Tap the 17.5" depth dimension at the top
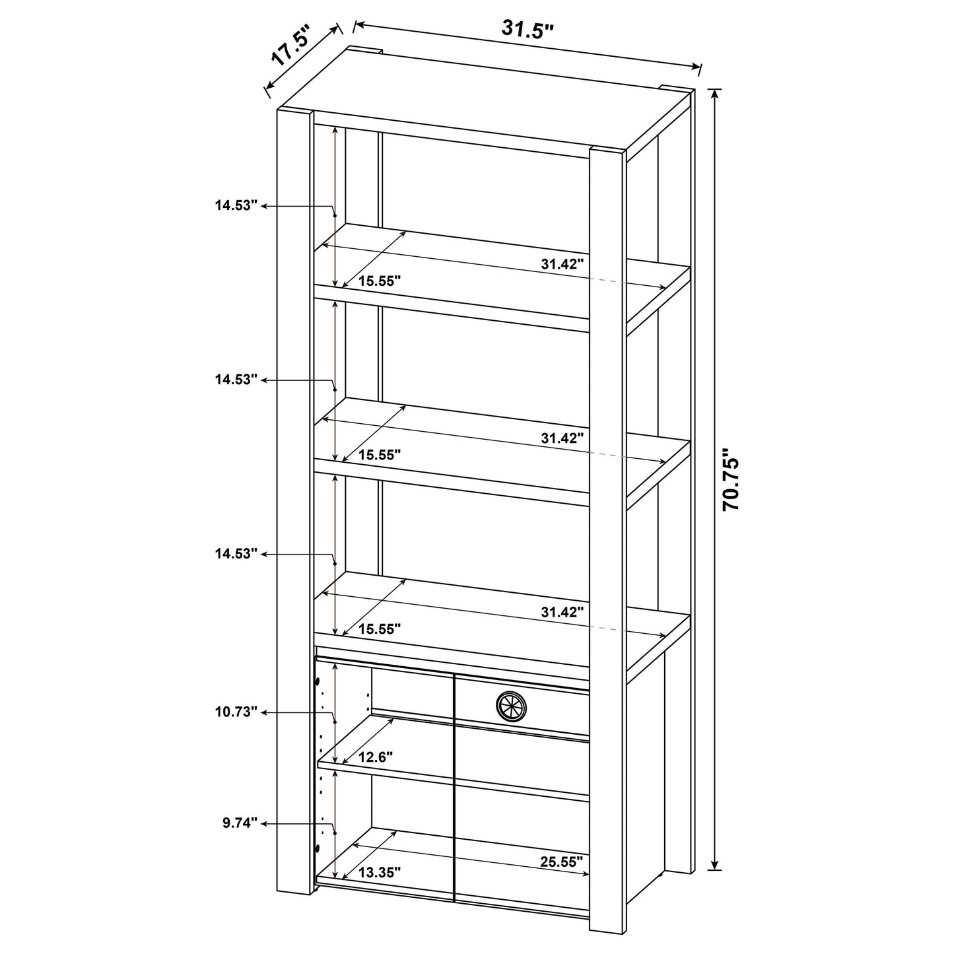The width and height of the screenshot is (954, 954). (291, 47)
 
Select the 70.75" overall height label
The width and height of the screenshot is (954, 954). (732, 480)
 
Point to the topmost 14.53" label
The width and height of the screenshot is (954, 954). (235, 205)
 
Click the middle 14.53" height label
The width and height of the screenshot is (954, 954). (235, 380)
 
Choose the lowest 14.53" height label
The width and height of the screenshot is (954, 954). (235, 554)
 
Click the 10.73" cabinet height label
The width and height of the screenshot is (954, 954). (235, 712)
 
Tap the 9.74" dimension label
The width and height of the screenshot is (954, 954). (239, 823)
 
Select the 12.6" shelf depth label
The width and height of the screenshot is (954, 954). (376, 757)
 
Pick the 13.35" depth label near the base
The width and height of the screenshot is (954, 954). (380, 872)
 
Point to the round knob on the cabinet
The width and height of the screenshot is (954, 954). (512, 706)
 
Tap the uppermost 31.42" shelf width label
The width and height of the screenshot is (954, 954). (562, 264)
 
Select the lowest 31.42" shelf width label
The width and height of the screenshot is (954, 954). (562, 612)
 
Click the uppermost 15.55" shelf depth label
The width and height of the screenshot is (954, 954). (380, 281)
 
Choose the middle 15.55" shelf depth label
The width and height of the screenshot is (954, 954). (380, 454)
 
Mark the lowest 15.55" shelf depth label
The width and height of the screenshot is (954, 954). (380, 629)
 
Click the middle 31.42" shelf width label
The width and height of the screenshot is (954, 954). (562, 438)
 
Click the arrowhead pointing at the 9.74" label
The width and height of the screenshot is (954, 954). (265, 823)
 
